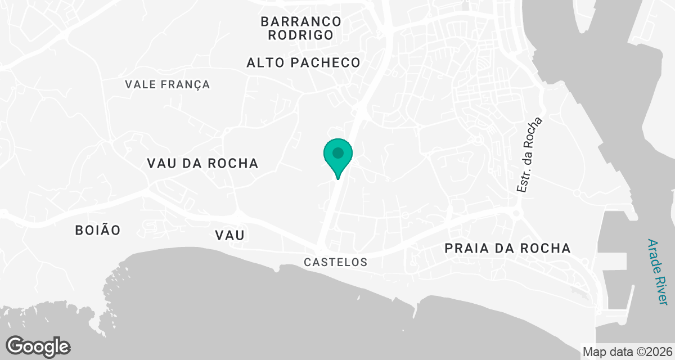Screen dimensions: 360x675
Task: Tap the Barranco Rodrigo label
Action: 301,28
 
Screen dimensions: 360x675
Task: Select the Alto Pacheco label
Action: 303,62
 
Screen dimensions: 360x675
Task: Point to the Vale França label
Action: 168,84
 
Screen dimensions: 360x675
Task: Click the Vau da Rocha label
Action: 202,163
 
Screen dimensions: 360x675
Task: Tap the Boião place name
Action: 98,230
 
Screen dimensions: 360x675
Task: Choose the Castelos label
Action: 335,262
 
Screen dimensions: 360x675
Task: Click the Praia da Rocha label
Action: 507,248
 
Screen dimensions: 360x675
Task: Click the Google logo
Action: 38,346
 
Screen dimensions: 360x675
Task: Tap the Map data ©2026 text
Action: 627,352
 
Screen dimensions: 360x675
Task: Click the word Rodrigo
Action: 301,35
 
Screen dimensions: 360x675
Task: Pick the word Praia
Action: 465,248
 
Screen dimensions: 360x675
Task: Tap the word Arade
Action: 653,254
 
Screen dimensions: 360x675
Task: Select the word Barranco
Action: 301,21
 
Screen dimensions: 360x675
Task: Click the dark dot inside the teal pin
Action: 337,152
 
